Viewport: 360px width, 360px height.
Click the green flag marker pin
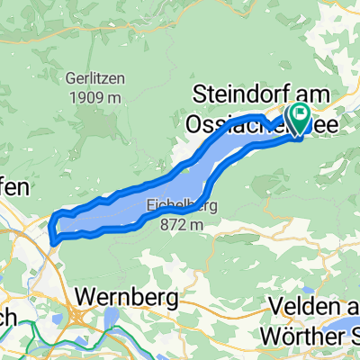pyautogui.click(x=297, y=115)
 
